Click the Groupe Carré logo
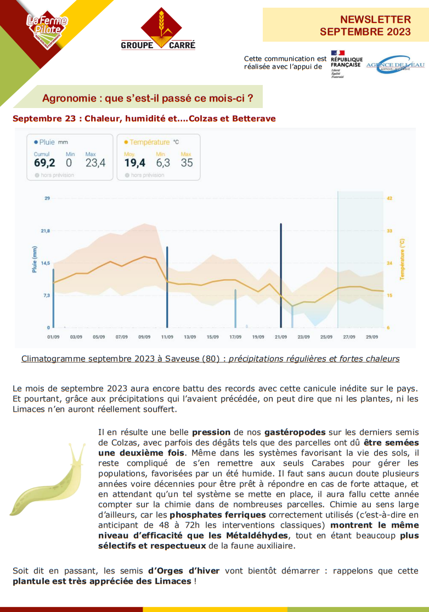click(158, 30)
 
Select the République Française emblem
click(346, 64)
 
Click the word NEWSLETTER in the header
click(375, 20)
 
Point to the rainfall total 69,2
click(44, 163)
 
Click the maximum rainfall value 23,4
click(95, 163)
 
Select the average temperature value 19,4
click(134, 163)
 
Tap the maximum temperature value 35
click(187, 163)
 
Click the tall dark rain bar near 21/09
click(281, 274)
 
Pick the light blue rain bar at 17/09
click(235, 308)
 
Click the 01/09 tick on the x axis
click(53, 337)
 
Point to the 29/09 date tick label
click(371, 337)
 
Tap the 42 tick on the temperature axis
click(390, 199)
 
